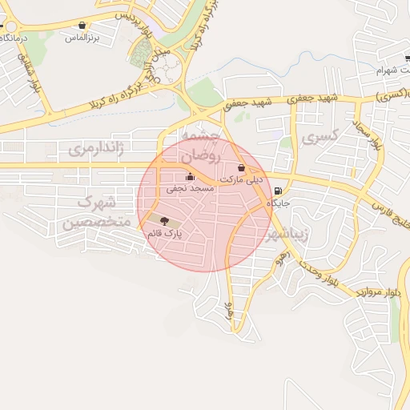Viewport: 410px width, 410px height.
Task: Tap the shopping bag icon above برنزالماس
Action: (x=81, y=26)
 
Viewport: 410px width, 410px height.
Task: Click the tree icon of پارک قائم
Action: (x=164, y=220)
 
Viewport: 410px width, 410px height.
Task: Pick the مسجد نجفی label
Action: (x=189, y=189)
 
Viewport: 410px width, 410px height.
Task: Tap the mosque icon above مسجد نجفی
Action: (x=190, y=177)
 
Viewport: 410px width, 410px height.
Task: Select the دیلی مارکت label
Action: (x=241, y=179)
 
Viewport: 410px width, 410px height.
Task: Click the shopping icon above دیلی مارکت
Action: (x=242, y=167)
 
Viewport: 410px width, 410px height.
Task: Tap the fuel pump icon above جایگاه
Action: (x=278, y=191)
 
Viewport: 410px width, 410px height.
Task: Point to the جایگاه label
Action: (x=278, y=203)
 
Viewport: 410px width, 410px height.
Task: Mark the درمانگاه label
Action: (x=14, y=38)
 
